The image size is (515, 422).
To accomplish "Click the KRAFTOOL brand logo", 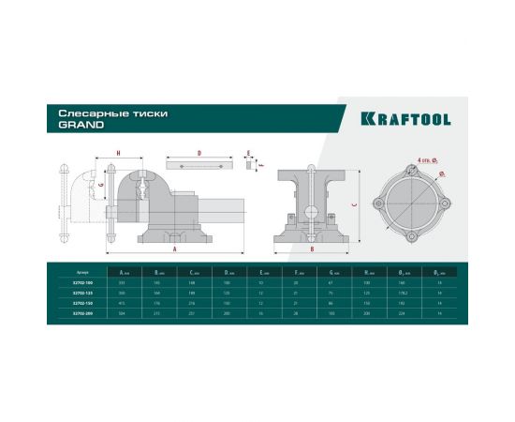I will pos(405,119).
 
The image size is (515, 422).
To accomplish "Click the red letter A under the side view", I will pos(176,249).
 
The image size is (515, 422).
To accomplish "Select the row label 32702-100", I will pos(83,282).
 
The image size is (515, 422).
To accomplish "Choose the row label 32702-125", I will pos(83,293).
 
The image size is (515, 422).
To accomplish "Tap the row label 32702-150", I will pos(83,304).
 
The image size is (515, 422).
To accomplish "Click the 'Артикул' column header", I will pos(82,271).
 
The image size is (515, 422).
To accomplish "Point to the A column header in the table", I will pos(125,271).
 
